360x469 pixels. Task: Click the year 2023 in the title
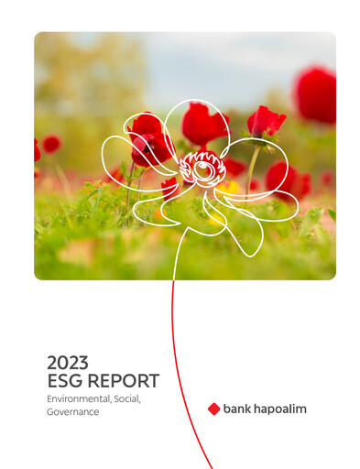pos(69,362)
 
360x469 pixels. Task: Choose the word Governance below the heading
pos(72,412)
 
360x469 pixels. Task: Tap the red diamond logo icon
pos(214,409)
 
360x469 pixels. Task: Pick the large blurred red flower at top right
pos(316,94)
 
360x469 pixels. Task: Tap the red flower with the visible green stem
pos(265,122)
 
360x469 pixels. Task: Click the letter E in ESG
pos(53,381)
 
